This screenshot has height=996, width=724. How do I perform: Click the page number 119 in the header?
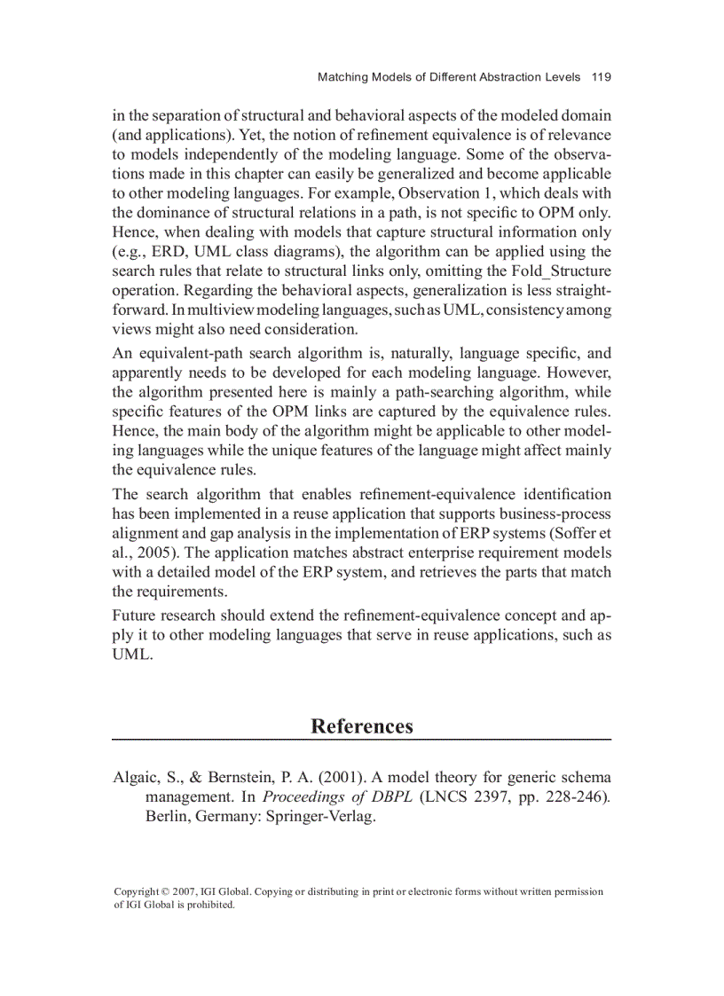(601, 77)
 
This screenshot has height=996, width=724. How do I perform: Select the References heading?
(361, 726)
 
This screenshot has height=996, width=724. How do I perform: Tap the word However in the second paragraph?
(579, 372)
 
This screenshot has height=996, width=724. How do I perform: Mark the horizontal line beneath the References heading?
(361, 740)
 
